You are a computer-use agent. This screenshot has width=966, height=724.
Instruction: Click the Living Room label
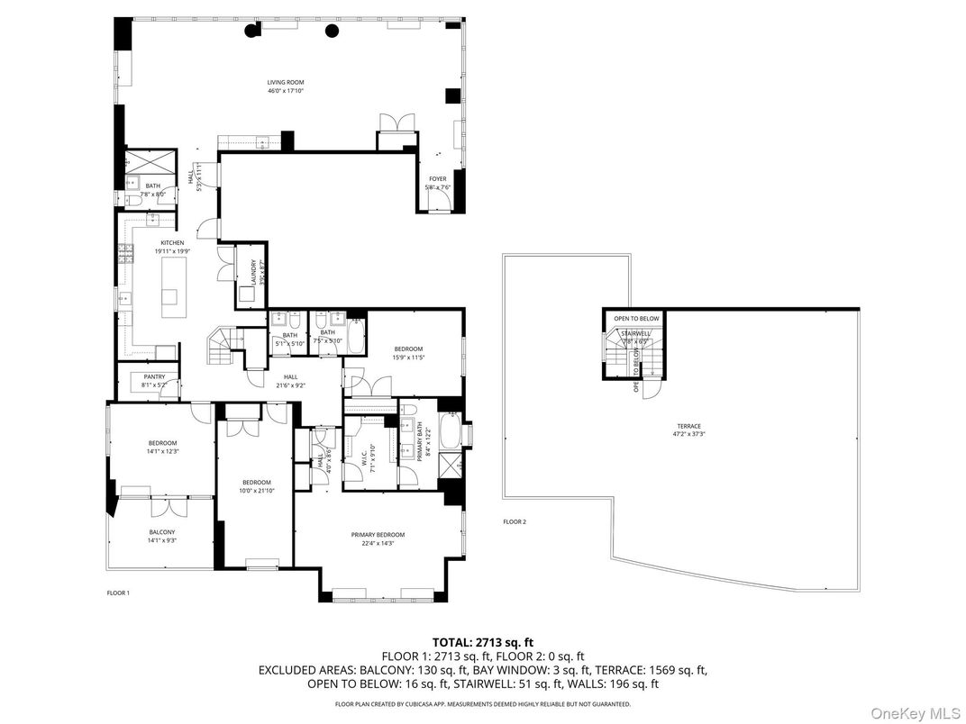coord(285,86)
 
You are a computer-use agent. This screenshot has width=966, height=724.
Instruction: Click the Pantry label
coord(154,381)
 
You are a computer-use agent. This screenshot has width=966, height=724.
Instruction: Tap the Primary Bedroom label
coord(378,538)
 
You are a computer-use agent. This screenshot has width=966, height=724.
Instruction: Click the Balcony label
coord(162,537)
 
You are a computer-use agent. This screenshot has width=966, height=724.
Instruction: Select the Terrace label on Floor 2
coord(689,430)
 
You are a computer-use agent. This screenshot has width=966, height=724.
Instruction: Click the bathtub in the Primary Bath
coord(450,430)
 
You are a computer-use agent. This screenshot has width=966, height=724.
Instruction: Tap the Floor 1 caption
coord(118,593)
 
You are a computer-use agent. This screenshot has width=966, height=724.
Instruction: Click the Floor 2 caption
coord(514,521)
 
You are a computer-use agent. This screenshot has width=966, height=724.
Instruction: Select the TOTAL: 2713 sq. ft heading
coord(482,642)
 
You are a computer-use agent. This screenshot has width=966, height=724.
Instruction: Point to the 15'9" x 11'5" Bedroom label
coord(407,353)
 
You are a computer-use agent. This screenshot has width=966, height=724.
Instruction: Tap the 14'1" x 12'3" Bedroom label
coord(162,447)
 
